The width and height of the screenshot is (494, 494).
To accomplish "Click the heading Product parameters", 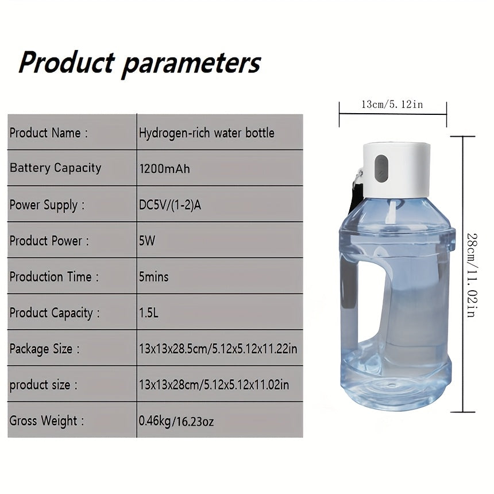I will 140,63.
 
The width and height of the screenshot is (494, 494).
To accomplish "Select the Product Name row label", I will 48,133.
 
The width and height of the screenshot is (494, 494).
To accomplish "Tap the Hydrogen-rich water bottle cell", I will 206,133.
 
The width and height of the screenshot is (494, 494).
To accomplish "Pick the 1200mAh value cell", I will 164,169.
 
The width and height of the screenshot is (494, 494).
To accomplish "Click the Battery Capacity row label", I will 55,168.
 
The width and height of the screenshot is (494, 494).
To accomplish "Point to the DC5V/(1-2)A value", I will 170,205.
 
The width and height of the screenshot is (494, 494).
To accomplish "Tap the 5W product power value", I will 147,241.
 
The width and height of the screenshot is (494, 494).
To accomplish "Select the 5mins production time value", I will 153,277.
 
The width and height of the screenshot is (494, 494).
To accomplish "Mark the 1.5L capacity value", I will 149,312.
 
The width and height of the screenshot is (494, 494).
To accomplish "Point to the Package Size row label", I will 44,349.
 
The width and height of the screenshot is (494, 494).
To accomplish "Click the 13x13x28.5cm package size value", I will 218,349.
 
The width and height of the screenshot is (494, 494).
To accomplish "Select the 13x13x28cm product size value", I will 214,384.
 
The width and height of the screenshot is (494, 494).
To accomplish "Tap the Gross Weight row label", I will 47,420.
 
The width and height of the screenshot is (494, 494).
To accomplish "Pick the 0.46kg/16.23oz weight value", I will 176,420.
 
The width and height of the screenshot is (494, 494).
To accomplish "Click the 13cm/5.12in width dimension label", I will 392,104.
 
